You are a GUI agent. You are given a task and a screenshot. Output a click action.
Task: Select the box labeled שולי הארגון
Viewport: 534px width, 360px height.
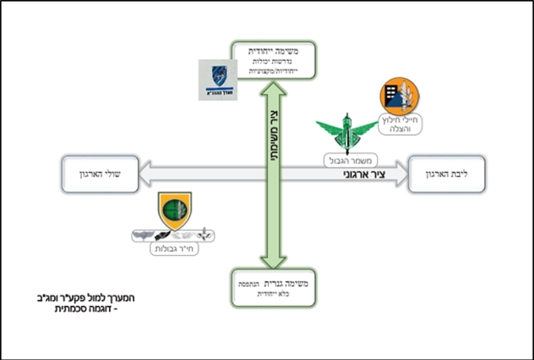(x=100, y=174)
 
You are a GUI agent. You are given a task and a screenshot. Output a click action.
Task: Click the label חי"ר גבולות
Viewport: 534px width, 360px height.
(x=175, y=250)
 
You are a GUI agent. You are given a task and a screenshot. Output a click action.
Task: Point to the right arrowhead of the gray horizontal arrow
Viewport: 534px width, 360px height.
(x=402, y=174)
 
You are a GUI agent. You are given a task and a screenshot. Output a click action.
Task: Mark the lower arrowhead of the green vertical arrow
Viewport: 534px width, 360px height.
(x=271, y=264)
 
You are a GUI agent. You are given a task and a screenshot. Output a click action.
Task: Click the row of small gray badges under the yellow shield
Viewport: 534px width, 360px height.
(x=174, y=233)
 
